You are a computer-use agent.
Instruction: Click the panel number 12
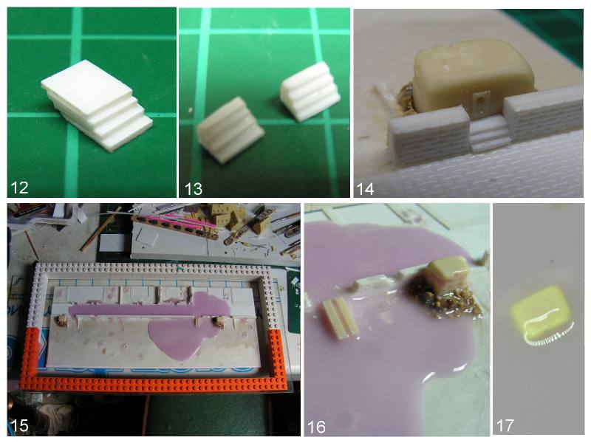[19, 188]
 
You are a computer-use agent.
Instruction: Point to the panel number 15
[19, 426]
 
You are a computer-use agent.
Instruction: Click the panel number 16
[316, 427]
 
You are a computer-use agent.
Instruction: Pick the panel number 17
[505, 426]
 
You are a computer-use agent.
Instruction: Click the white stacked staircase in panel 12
[98, 105]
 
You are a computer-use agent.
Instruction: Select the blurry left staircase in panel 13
[230, 130]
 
